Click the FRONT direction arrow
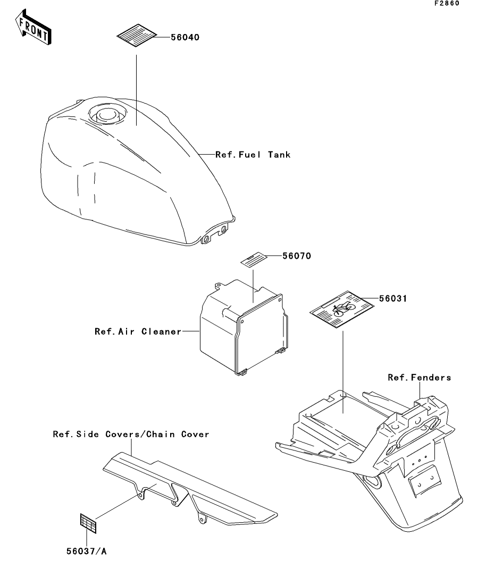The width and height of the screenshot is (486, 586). pos(34,30)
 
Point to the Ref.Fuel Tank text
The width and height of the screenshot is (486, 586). pos(253,155)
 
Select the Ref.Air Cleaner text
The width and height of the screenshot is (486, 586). pos(138,332)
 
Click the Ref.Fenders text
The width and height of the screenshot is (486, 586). pos(419,378)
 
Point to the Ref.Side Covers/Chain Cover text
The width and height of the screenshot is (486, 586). pos(131,434)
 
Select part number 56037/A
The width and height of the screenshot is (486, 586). pos(86,551)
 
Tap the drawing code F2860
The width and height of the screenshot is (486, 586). pos(446,4)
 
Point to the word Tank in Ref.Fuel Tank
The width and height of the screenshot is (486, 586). pos(279,155)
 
